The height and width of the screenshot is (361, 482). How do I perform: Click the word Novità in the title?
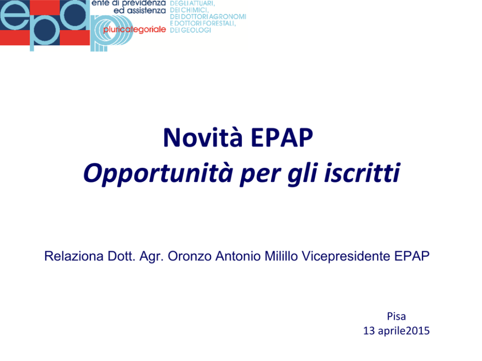(203, 137)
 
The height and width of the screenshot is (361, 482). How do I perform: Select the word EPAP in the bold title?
(282, 137)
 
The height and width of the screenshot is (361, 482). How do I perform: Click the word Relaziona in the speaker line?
(74, 256)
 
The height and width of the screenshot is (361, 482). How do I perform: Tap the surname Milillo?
(281, 256)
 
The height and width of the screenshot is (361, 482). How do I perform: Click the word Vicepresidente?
(346, 256)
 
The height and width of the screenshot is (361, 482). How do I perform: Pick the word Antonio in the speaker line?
(238, 256)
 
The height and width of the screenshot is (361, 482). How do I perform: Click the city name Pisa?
(396, 316)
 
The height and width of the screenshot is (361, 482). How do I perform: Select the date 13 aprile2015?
(396, 331)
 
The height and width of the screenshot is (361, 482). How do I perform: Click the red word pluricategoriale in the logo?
(134, 30)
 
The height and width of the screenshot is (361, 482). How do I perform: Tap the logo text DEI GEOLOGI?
(190, 30)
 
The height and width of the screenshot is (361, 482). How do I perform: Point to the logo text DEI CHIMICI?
(189, 10)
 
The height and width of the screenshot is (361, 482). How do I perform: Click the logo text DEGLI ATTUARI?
(192, 3)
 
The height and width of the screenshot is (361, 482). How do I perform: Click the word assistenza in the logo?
(146, 11)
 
